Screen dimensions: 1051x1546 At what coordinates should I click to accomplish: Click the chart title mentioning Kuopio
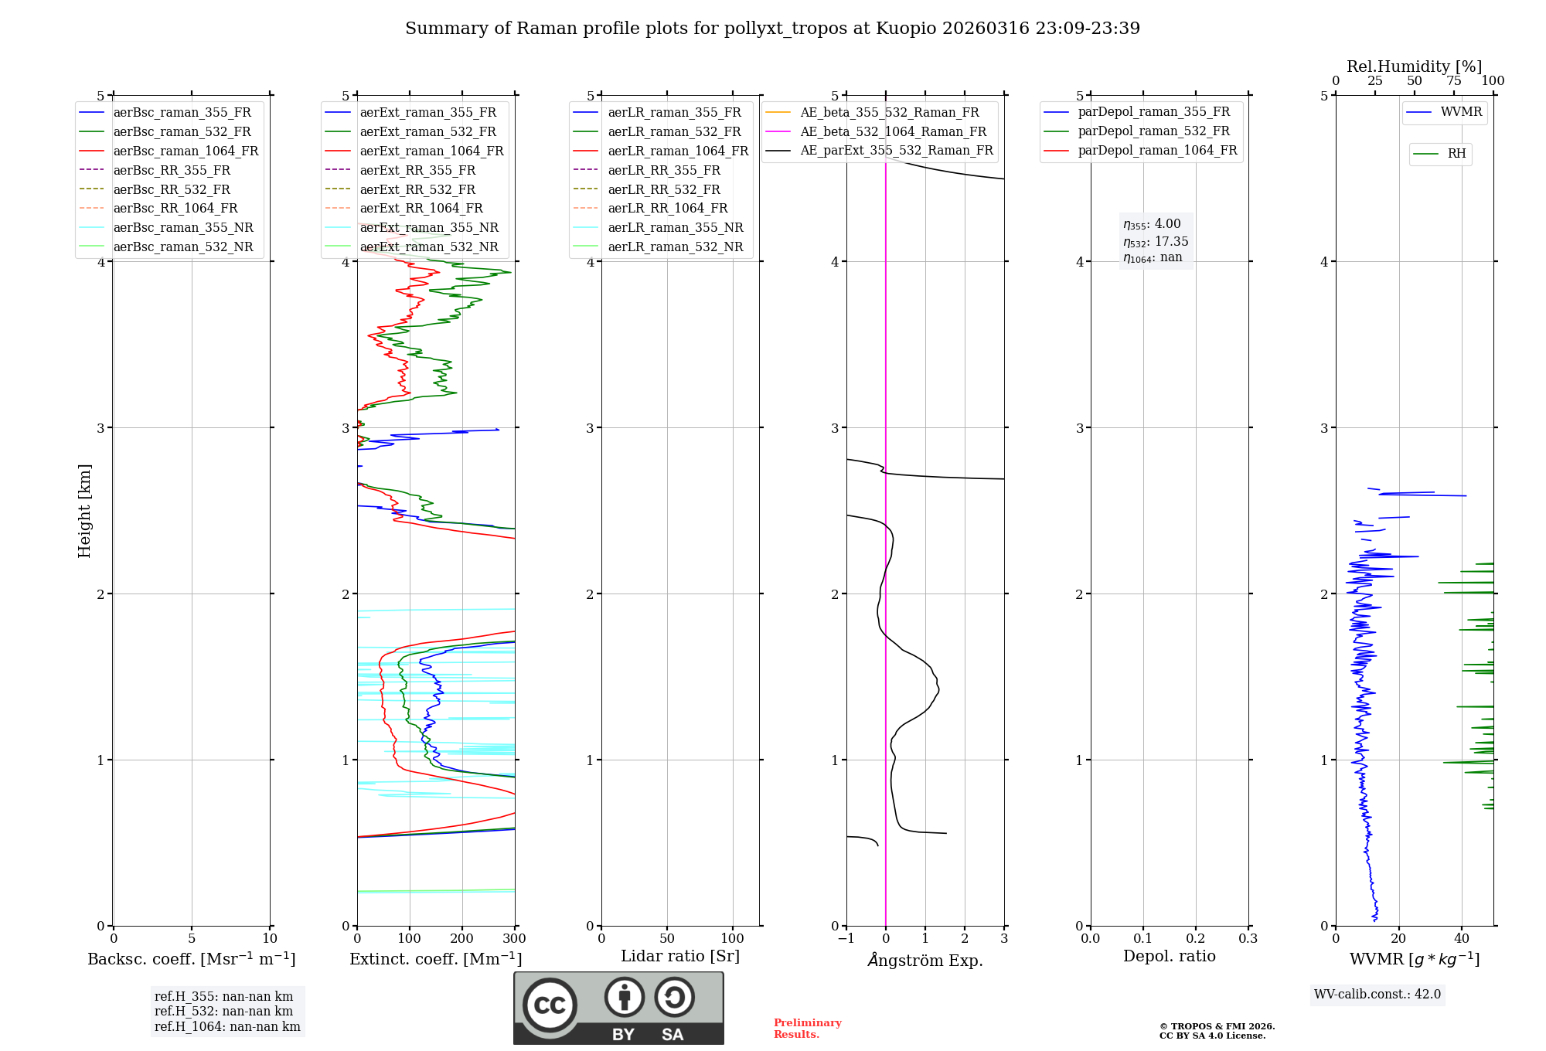click(772, 29)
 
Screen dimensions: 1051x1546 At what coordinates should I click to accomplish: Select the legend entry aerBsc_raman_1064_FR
click(186, 151)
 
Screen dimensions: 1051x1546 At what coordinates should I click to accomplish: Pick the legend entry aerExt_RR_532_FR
click(417, 189)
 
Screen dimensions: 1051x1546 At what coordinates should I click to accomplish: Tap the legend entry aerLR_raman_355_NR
click(675, 227)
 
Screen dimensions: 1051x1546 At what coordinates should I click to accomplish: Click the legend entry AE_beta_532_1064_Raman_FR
click(893, 131)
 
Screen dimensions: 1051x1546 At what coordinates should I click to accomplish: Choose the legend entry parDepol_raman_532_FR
click(1153, 131)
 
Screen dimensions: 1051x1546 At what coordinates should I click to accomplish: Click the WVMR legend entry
click(1460, 112)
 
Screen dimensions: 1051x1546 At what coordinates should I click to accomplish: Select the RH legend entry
click(1456, 154)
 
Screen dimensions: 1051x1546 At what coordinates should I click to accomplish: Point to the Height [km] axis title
click(84, 511)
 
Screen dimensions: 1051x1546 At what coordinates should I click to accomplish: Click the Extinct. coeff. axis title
click(436, 959)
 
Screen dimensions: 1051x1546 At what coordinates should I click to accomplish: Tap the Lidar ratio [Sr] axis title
click(680, 956)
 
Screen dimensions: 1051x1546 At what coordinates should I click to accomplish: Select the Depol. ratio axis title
click(1169, 956)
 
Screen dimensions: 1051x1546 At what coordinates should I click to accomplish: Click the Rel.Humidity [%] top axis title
click(1414, 66)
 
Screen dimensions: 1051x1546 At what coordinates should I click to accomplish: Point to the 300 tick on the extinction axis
click(515, 939)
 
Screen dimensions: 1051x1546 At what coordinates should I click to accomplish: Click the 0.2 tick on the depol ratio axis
click(1196, 939)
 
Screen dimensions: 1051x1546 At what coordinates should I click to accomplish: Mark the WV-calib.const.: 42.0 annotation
click(1377, 994)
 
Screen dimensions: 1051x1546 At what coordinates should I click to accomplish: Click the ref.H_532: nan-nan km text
click(223, 1011)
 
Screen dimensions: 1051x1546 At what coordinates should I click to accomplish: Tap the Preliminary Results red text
click(807, 1029)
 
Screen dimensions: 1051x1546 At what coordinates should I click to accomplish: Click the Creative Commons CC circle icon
click(550, 1005)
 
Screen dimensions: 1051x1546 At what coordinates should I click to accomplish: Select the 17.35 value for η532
click(1171, 242)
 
